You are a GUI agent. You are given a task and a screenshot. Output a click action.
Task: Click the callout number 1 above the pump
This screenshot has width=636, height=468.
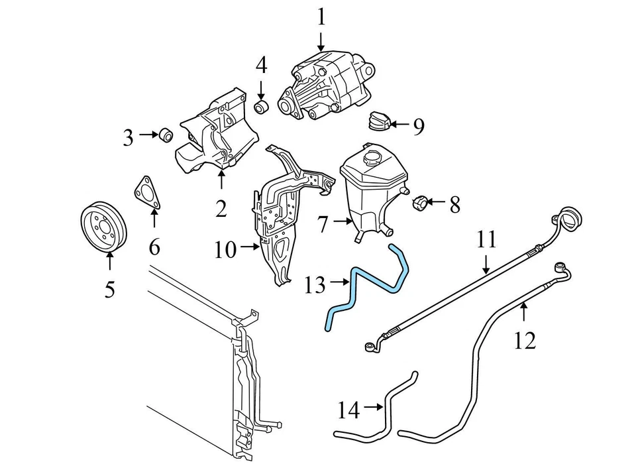pyautogui.click(x=321, y=16)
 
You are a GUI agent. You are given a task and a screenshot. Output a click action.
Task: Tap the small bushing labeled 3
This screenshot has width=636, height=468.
pyautogui.click(x=166, y=135)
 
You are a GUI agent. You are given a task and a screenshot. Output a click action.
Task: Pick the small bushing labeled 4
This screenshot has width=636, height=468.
pyautogui.click(x=262, y=107)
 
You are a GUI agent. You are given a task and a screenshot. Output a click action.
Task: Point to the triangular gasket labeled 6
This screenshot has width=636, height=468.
pyautogui.click(x=147, y=193)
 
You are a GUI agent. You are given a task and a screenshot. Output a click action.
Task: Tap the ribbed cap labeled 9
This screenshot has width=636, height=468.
pyautogui.click(x=378, y=122)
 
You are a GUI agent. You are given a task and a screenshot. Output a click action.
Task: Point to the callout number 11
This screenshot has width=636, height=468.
pyautogui.click(x=486, y=239)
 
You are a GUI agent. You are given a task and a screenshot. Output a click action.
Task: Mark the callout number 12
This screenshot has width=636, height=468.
pyautogui.click(x=524, y=340)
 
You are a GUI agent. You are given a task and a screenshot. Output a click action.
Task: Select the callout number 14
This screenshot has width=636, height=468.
pyautogui.click(x=348, y=411)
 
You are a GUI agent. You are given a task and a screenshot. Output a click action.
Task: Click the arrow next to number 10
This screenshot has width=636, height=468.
pyautogui.click(x=250, y=248)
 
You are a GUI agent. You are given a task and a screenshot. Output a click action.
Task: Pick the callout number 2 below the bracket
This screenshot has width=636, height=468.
pyautogui.click(x=221, y=209)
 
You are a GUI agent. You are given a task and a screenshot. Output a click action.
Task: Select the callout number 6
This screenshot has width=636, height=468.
pyautogui.click(x=154, y=247)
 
